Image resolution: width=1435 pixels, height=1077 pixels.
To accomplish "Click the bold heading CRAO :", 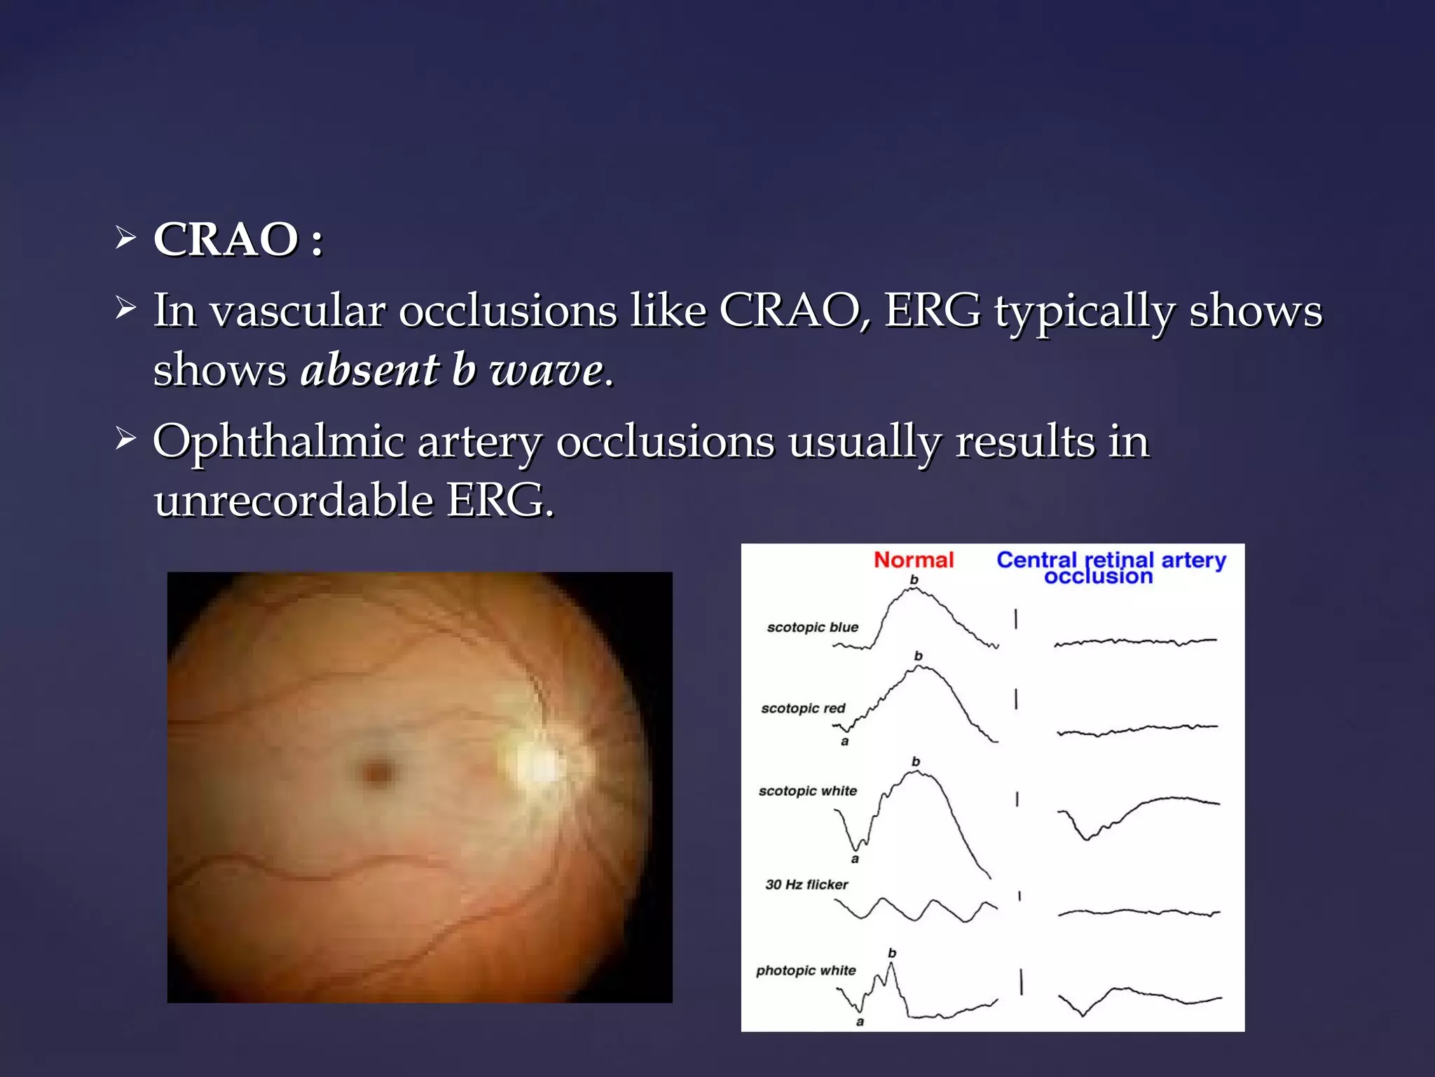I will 238,240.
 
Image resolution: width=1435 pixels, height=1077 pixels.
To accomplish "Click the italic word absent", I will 369,370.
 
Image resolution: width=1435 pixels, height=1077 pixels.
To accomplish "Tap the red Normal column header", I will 913,560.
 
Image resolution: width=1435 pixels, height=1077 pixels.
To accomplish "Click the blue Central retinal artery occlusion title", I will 1111,568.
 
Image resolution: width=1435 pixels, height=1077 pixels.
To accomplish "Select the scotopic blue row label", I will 812,627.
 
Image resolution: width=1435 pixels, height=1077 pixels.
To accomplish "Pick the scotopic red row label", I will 803,708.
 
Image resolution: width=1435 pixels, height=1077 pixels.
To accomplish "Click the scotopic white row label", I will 807,791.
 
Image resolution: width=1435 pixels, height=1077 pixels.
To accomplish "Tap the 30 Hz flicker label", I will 806,885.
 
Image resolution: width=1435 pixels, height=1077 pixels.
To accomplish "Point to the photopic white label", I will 806,970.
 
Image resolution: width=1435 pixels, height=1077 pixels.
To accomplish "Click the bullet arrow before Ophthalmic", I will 125,440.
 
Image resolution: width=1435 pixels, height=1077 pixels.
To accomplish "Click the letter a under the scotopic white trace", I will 854,859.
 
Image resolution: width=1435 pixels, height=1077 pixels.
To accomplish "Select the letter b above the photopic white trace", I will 891,953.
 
